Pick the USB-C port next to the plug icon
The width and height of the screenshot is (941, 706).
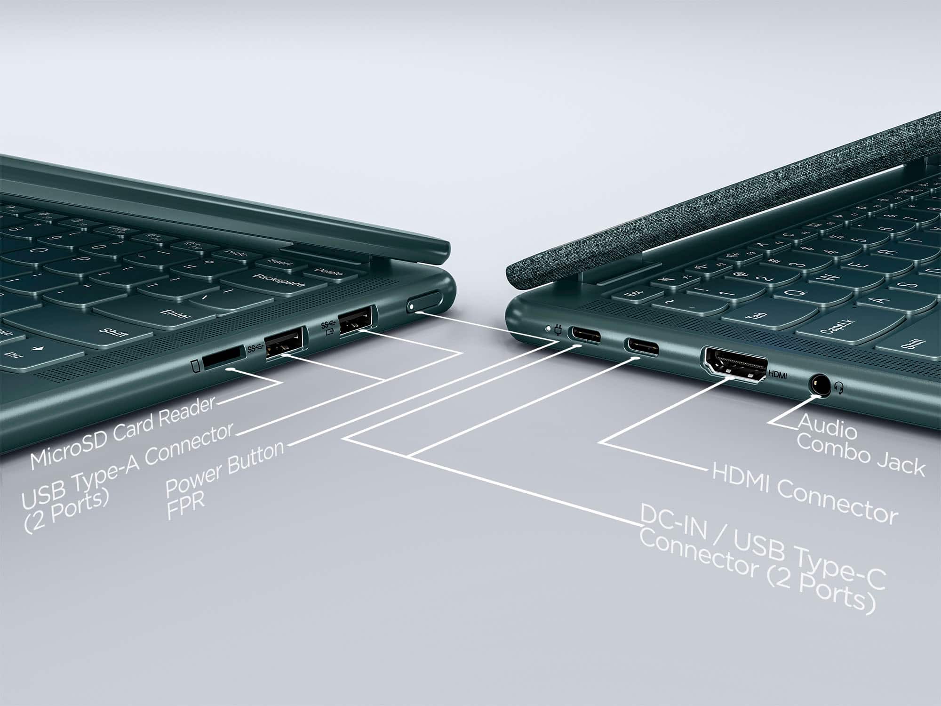[x=586, y=335]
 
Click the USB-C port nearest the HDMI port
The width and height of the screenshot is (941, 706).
[x=641, y=347]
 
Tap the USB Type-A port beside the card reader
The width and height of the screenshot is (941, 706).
[x=284, y=344]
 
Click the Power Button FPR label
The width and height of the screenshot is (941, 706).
[x=221, y=478]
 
